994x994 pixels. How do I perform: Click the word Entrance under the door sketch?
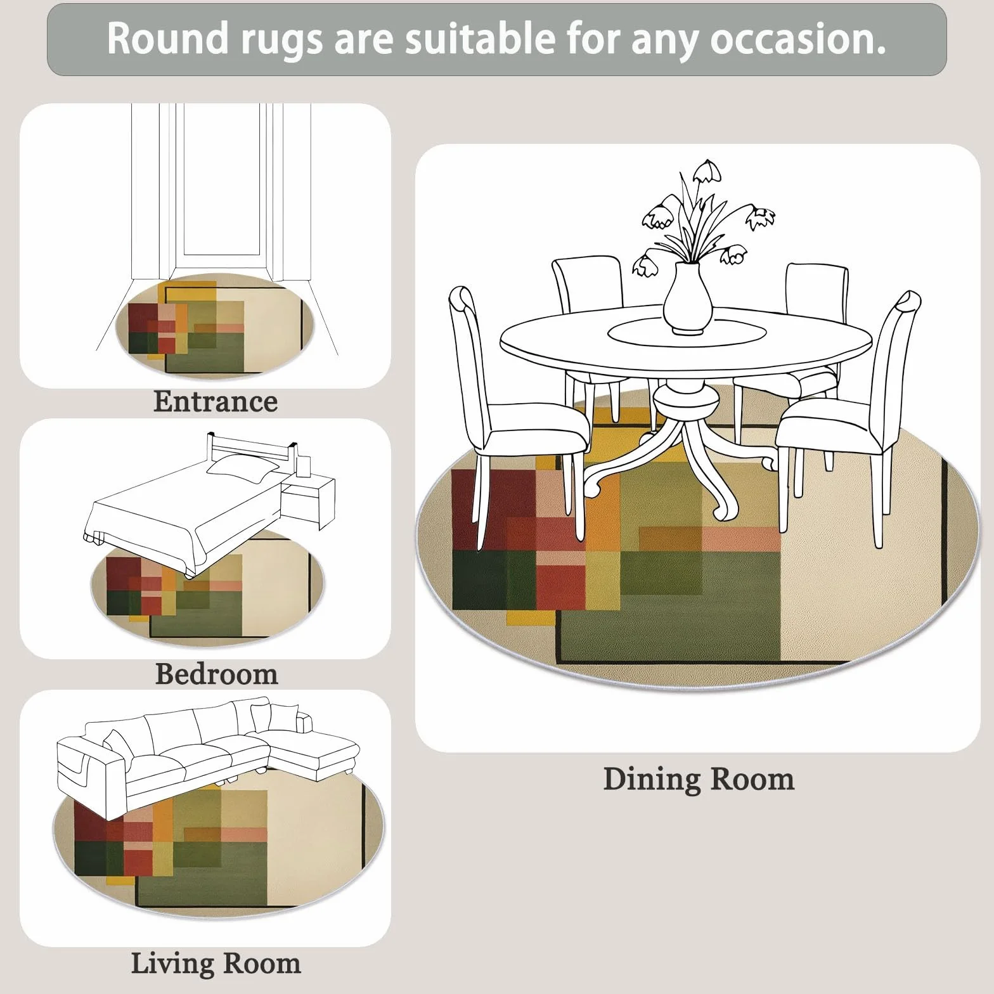point(216,402)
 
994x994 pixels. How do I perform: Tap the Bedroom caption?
point(217,674)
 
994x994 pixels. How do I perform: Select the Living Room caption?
point(216,964)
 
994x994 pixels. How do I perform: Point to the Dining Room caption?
point(699,779)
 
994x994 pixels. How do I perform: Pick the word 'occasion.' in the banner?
point(797,39)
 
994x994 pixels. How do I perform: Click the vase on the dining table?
point(687,298)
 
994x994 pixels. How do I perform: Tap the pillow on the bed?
point(243,466)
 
